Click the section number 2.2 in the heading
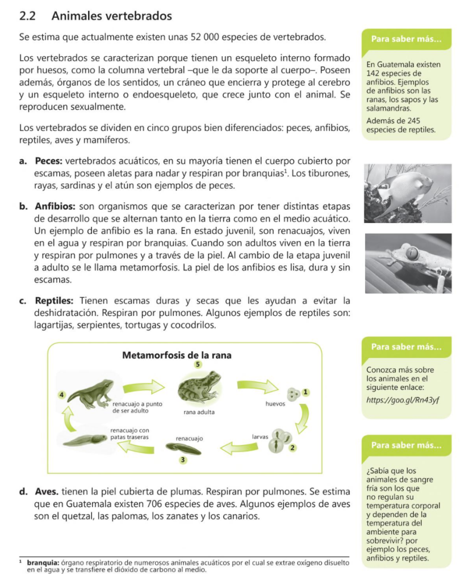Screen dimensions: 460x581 point(27,16)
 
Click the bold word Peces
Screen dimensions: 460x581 point(49,161)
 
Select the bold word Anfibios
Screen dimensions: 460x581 point(55,206)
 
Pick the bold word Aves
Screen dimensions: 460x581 point(47,492)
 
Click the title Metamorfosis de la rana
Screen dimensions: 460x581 point(177,355)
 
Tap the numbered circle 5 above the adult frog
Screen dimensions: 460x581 point(198,364)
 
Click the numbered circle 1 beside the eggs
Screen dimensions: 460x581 point(306,391)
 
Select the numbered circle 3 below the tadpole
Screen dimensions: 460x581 point(182,460)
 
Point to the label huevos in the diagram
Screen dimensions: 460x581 point(275,404)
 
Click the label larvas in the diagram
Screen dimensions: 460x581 point(260,437)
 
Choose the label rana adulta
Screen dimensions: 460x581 point(199,412)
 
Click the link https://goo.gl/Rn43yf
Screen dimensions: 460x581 point(403,400)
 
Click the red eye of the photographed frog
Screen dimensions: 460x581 point(412,252)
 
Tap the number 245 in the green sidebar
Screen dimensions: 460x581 point(413,121)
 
